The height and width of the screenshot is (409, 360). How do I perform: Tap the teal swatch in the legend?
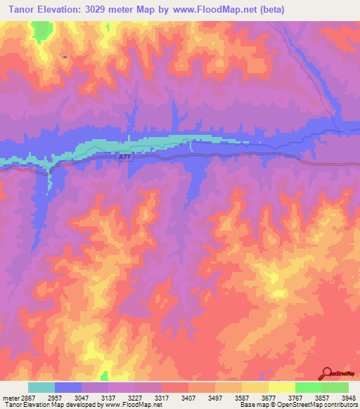pyautogui.click(x=41, y=387)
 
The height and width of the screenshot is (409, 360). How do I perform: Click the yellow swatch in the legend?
pyautogui.click(x=282, y=387)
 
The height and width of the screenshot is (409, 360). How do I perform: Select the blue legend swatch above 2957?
pyautogui.click(x=68, y=387)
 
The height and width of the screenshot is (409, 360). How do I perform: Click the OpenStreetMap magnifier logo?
pyautogui.click(x=327, y=372)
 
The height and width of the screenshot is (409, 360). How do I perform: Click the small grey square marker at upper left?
pyautogui.click(x=65, y=57)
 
